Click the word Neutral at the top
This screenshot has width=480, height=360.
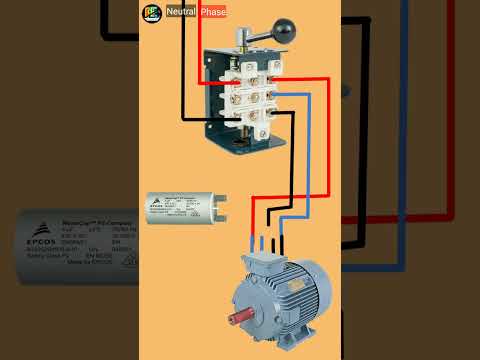coord(182,12)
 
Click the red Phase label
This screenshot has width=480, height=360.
coord(213,12)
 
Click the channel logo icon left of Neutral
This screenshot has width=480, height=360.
coord(151,12)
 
